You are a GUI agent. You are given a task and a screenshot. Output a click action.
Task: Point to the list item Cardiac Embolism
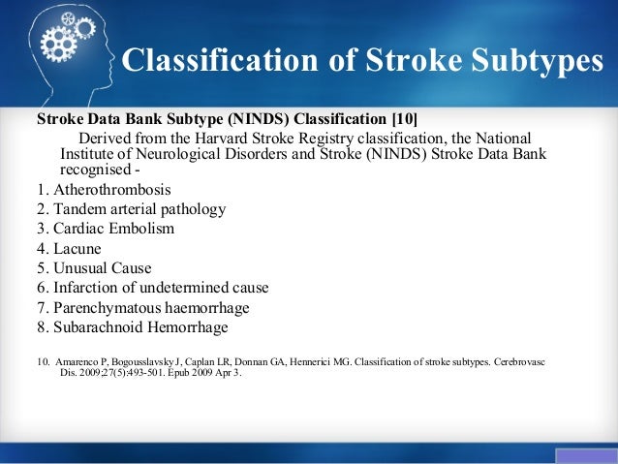click(x=106, y=229)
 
